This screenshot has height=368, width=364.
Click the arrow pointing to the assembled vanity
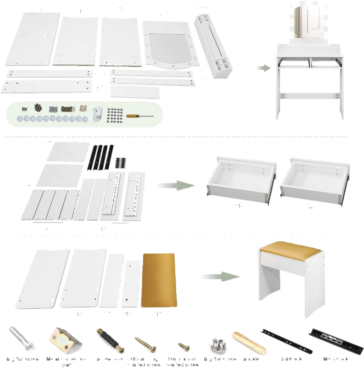click(x=264, y=67)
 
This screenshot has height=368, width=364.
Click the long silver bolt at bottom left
click(x=21, y=340)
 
